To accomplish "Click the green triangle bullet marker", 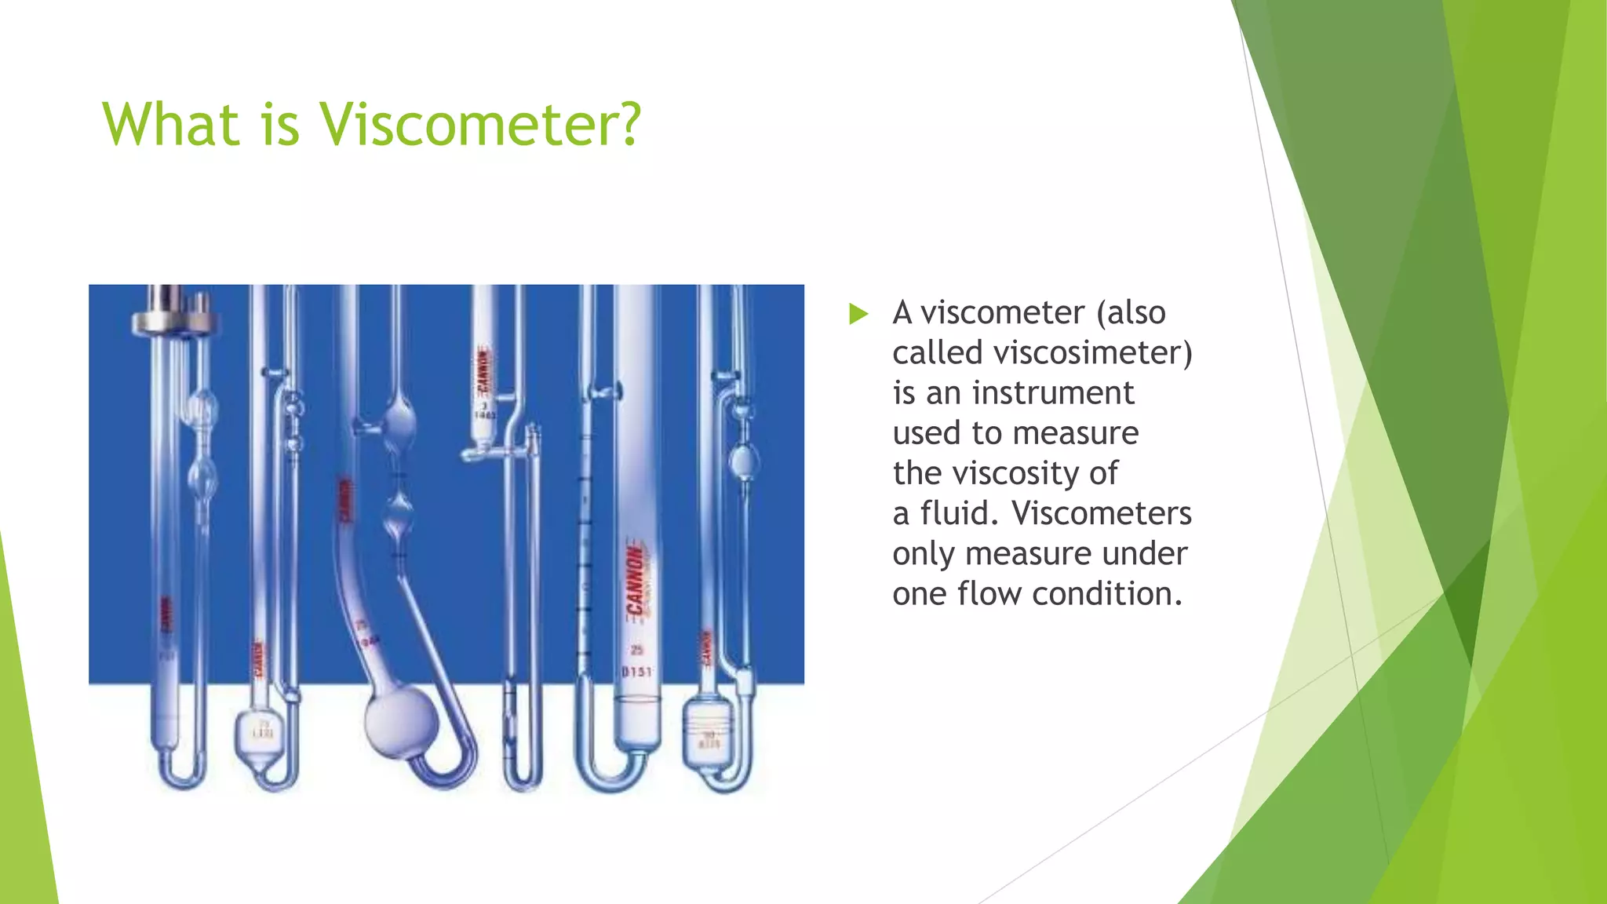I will pos(858,315).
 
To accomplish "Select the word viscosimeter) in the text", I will pos(1092,353).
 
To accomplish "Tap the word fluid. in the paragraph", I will pos(954,513).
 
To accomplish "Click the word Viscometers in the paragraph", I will pos(1102,513).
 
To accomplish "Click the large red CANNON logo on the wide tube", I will pos(635,581).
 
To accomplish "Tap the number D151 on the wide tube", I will pos(636,672).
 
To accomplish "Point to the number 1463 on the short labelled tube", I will pos(484,414).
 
